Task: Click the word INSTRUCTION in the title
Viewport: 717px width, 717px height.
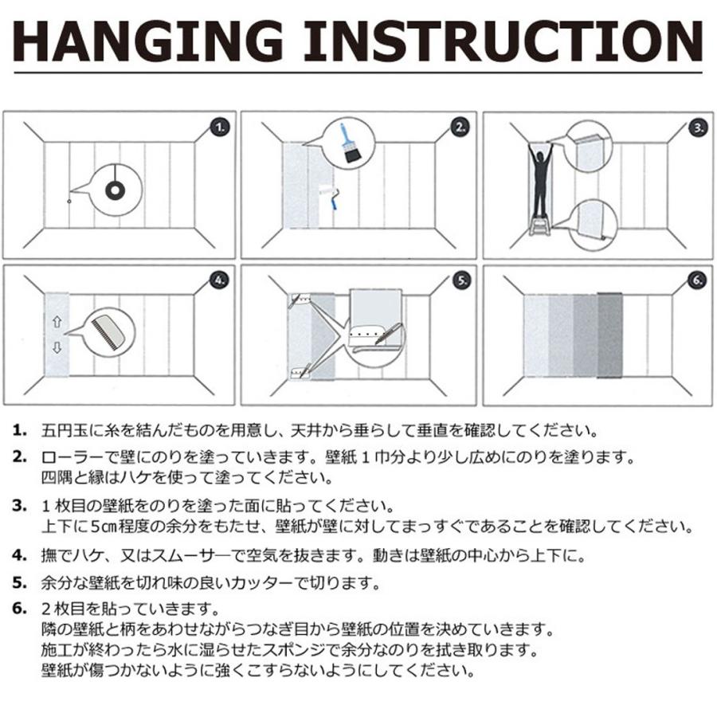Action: [x=503, y=41]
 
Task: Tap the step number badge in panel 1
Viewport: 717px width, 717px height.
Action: [x=221, y=127]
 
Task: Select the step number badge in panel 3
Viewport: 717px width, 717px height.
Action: [x=698, y=127]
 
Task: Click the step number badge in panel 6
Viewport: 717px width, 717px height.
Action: [x=697, y=280]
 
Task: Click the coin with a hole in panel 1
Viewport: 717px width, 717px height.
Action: [x=115, y=190]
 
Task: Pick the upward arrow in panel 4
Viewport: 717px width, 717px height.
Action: [x=57, y=322]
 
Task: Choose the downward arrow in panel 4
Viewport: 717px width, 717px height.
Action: [x=57, y=347]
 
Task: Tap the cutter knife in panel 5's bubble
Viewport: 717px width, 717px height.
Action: [x=388, y=333]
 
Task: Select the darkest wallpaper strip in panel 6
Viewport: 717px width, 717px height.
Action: [x=609, y=335]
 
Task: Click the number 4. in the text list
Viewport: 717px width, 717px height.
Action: [x=19, y=555]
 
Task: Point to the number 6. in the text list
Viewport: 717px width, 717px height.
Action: [x=19, y=609]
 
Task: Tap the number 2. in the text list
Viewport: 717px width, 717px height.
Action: [x=19, y=456]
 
